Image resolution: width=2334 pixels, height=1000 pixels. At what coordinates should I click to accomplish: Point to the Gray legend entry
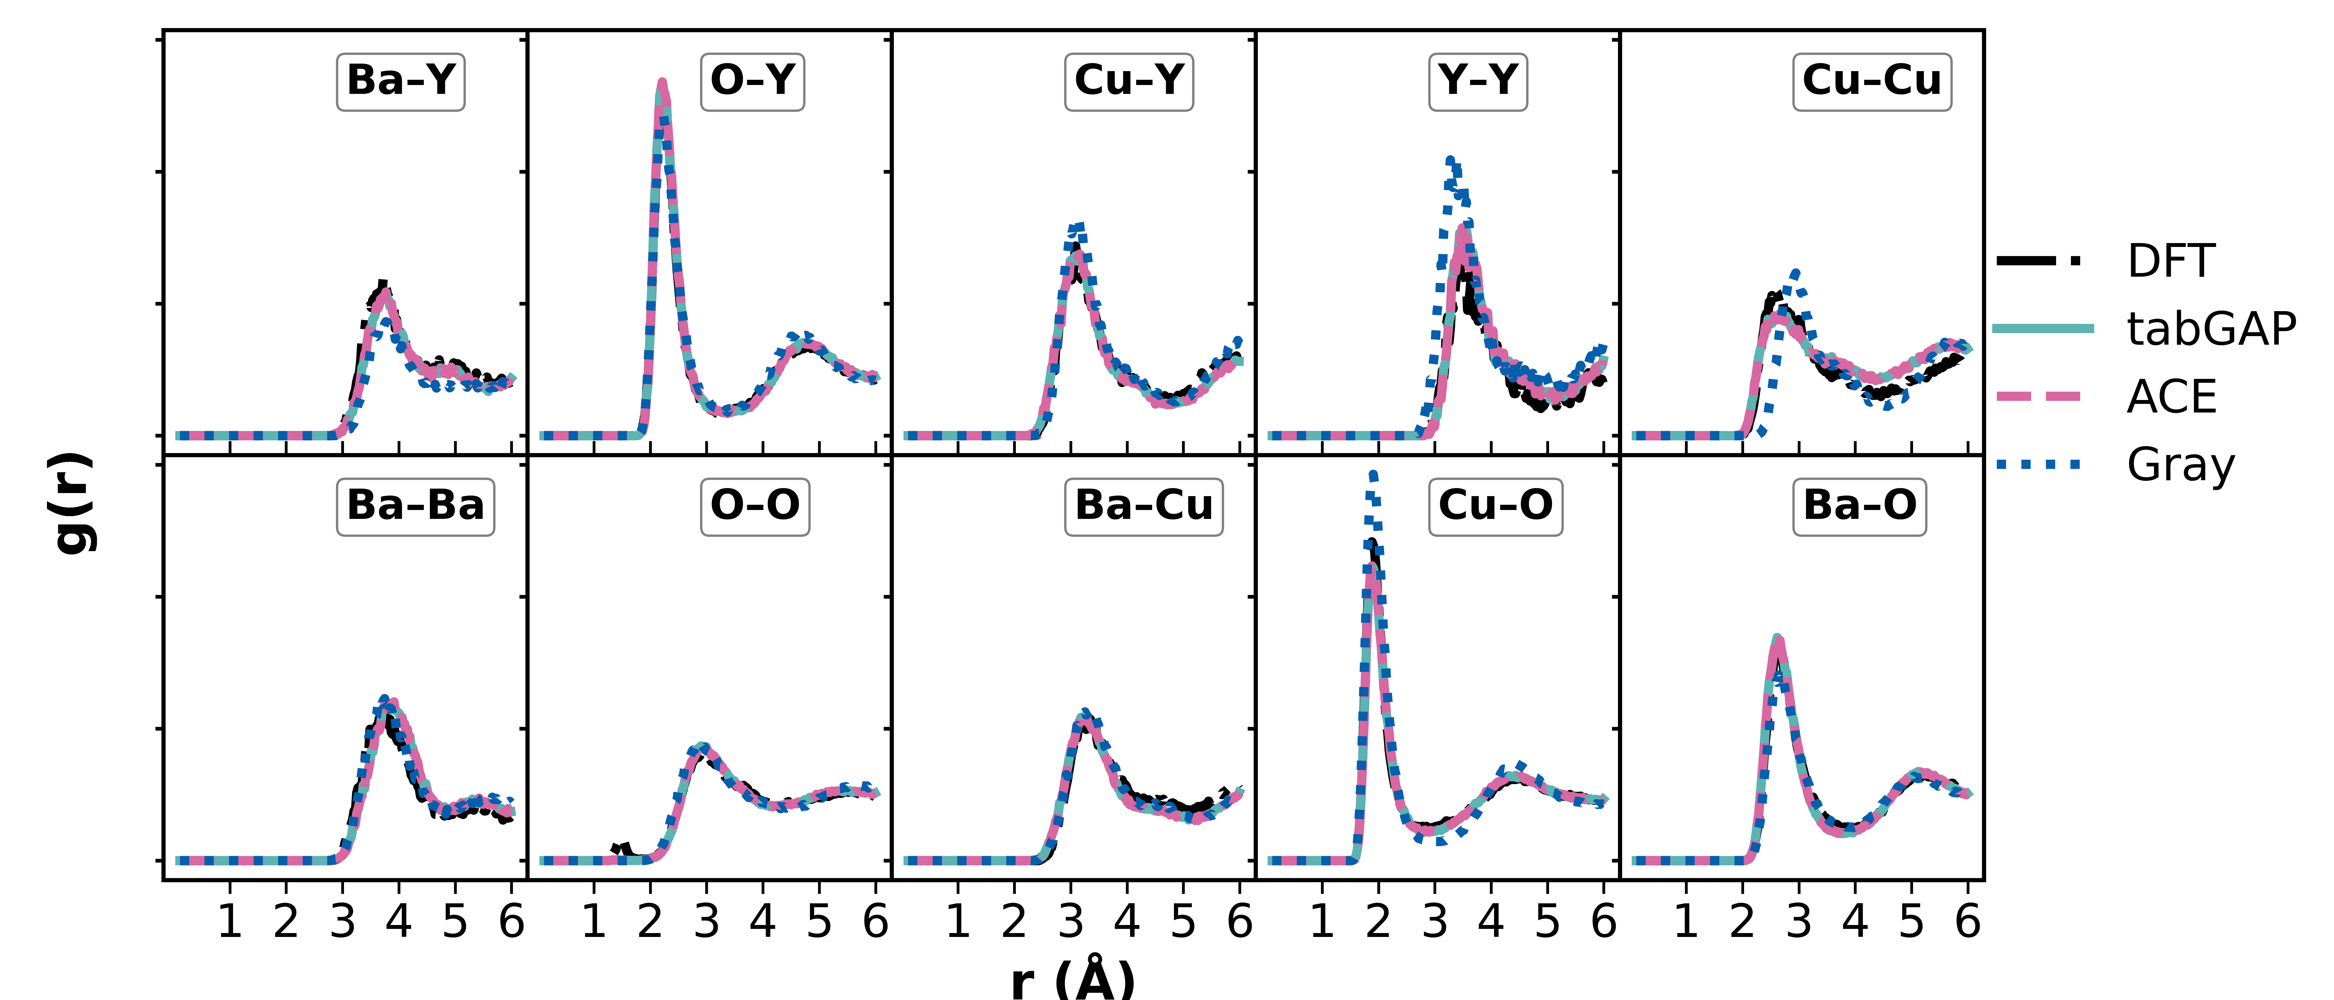(x=2180, y=466)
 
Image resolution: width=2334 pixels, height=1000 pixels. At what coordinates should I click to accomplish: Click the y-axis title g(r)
(x=73, y=503)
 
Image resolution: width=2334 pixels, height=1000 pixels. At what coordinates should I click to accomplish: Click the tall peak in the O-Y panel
(x=662, y=86)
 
